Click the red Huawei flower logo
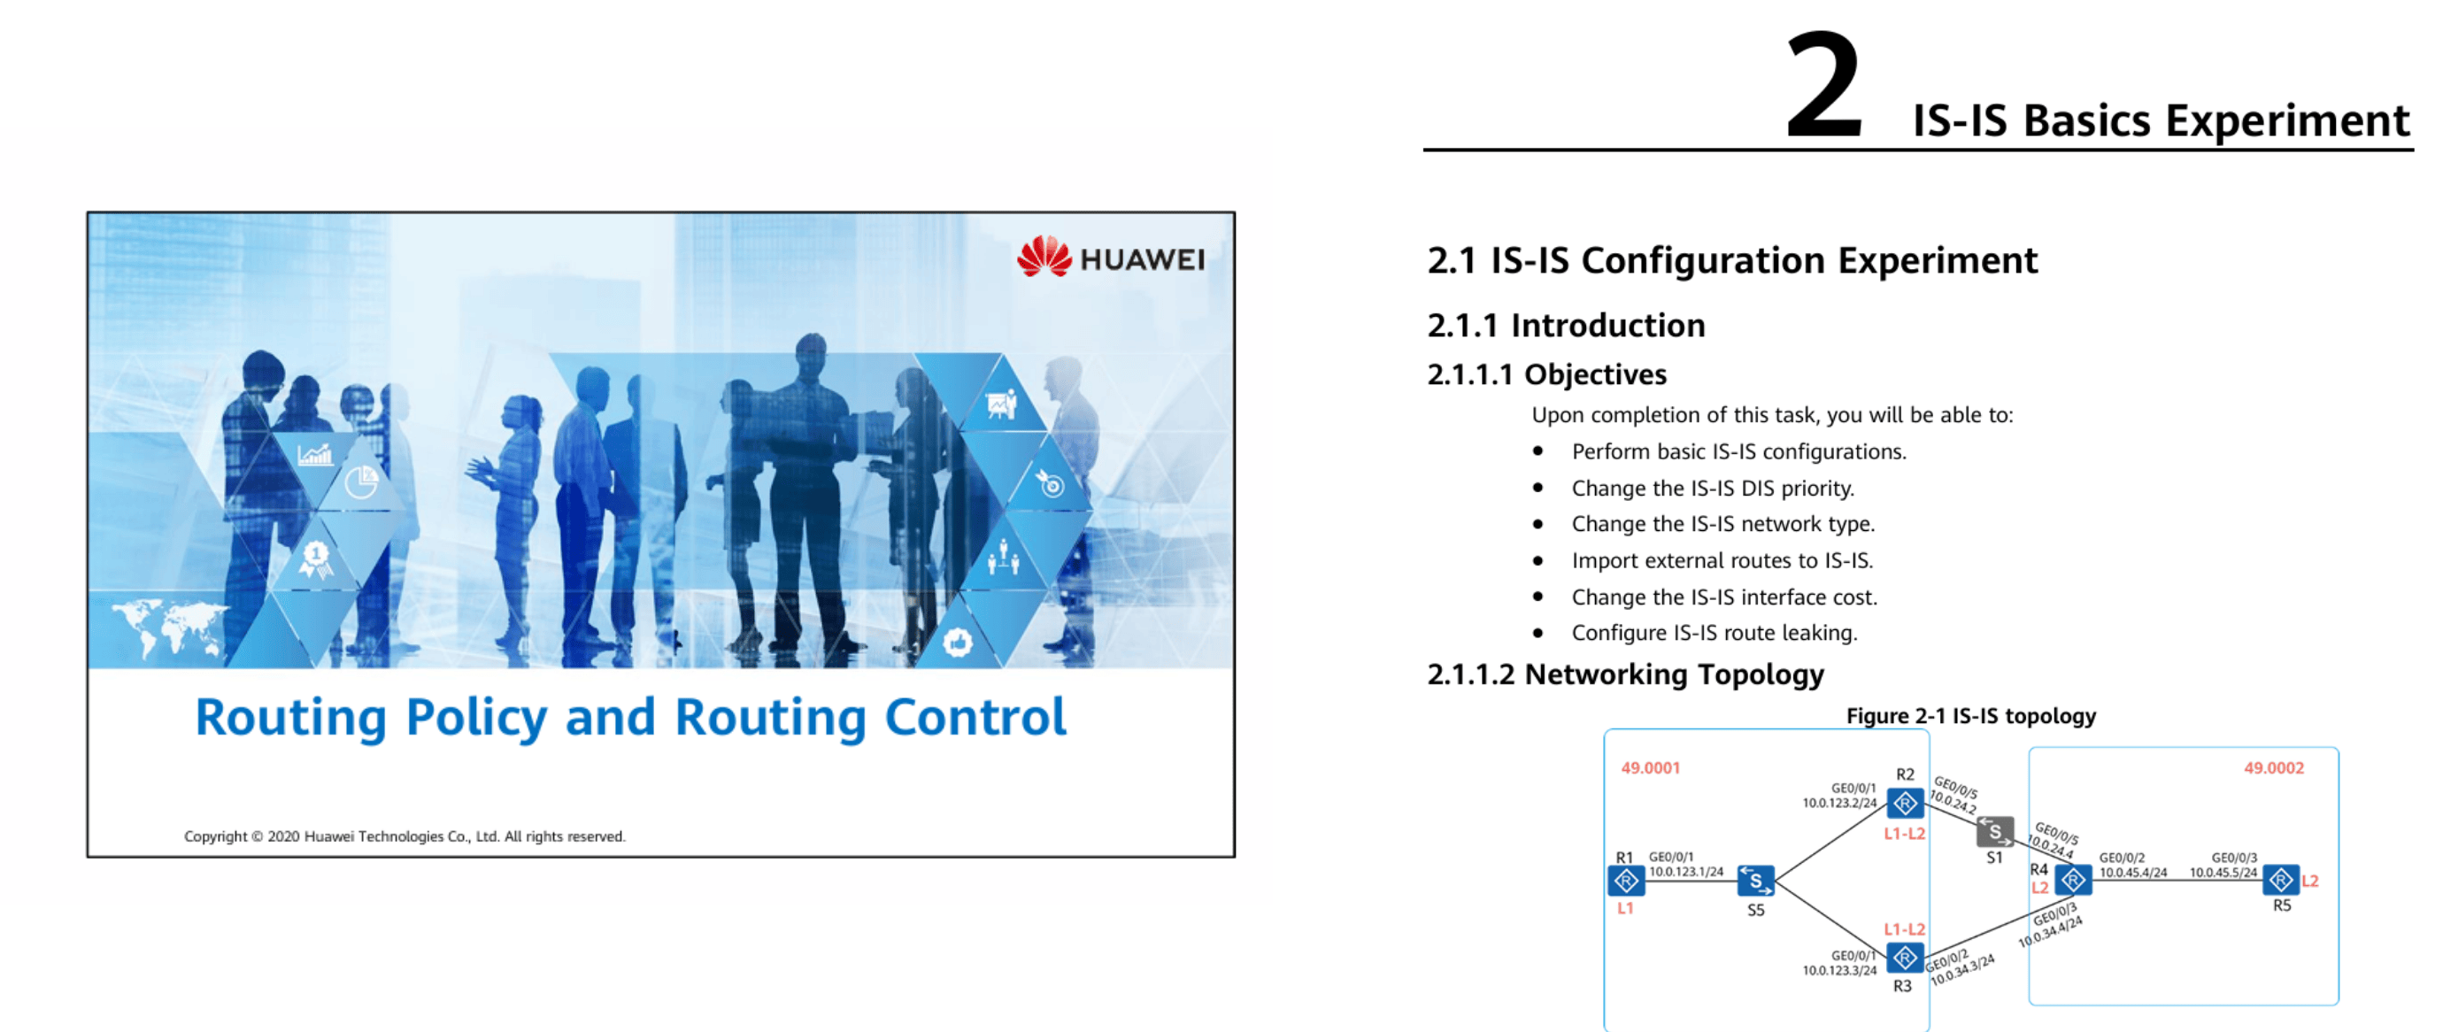coord(1044,256)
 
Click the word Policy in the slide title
coord(476,718)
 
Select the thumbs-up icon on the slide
coord(958,643)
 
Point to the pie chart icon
coord(361,481)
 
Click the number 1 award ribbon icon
coord(316,558)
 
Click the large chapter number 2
coord(1824,85)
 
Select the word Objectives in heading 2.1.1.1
coord(1595,374)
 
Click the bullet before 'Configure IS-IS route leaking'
coord(1538,634)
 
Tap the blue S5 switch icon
coord(1755,882)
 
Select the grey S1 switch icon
coord(1994,832)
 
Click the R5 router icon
coord(2281,882)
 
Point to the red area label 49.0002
coord(2273,768)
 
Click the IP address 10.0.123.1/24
coord(1686,872)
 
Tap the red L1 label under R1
coord(1625,909)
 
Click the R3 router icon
coord(1904,958)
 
